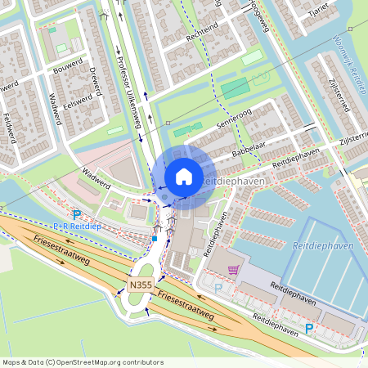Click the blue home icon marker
(x=184, y=176)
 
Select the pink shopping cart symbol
(x=234, y=269)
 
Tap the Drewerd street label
(x=94, y=80)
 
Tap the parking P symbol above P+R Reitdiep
(x=77, y=214)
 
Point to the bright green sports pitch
(x=235, y=87)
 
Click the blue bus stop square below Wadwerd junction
(x=154, y=239)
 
